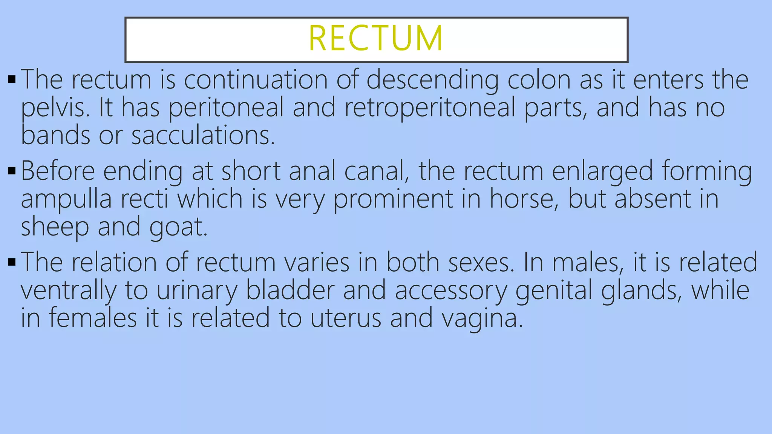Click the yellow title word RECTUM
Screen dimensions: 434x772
click(376, 38)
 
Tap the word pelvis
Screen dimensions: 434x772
click(55, 108)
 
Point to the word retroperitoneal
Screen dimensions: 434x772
click(429, 108)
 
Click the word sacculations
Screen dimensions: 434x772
click(203, 135)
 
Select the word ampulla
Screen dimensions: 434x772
click(66, 199)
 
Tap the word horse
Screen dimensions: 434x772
click(524, 199)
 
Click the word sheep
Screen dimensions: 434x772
click(55, 227)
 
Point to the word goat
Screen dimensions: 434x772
click(178, 227)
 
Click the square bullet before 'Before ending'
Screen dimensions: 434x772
click(11, 171)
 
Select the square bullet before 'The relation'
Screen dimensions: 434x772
click(11, 262)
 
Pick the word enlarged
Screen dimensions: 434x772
click(602, 171)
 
